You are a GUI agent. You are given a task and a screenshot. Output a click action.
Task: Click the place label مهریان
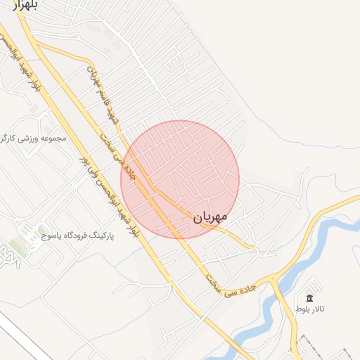[x=210, y=218]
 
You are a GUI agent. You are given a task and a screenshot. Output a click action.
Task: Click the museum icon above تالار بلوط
[x=310, y=299]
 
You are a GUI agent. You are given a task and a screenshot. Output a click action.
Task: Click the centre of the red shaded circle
[x=180, y=179]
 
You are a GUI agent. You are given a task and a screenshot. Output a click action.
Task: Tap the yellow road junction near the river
[x=274, y=280]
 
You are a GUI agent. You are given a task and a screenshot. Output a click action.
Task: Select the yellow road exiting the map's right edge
[x=352, y=201]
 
